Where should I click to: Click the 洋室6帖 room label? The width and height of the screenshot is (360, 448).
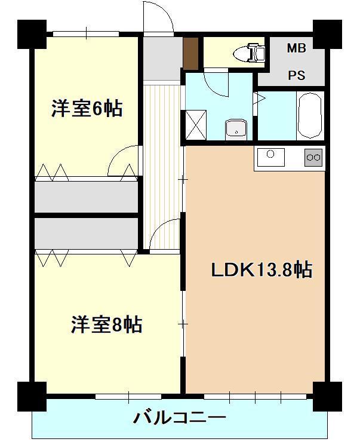pos(87,108)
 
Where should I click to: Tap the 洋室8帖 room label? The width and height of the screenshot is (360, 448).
pos(106,325)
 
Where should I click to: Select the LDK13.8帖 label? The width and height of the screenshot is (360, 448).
pos(261,271)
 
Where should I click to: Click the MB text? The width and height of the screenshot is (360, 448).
pos(296,48)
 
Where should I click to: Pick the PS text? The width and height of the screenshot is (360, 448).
pos(296,75)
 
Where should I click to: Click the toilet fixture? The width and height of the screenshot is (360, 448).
pos(251,53)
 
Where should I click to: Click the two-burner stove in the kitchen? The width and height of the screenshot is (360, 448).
pos(313,158)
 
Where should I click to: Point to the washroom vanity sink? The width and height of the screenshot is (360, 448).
pos(236,128)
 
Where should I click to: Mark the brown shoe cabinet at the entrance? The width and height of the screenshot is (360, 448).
pos(190,54)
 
